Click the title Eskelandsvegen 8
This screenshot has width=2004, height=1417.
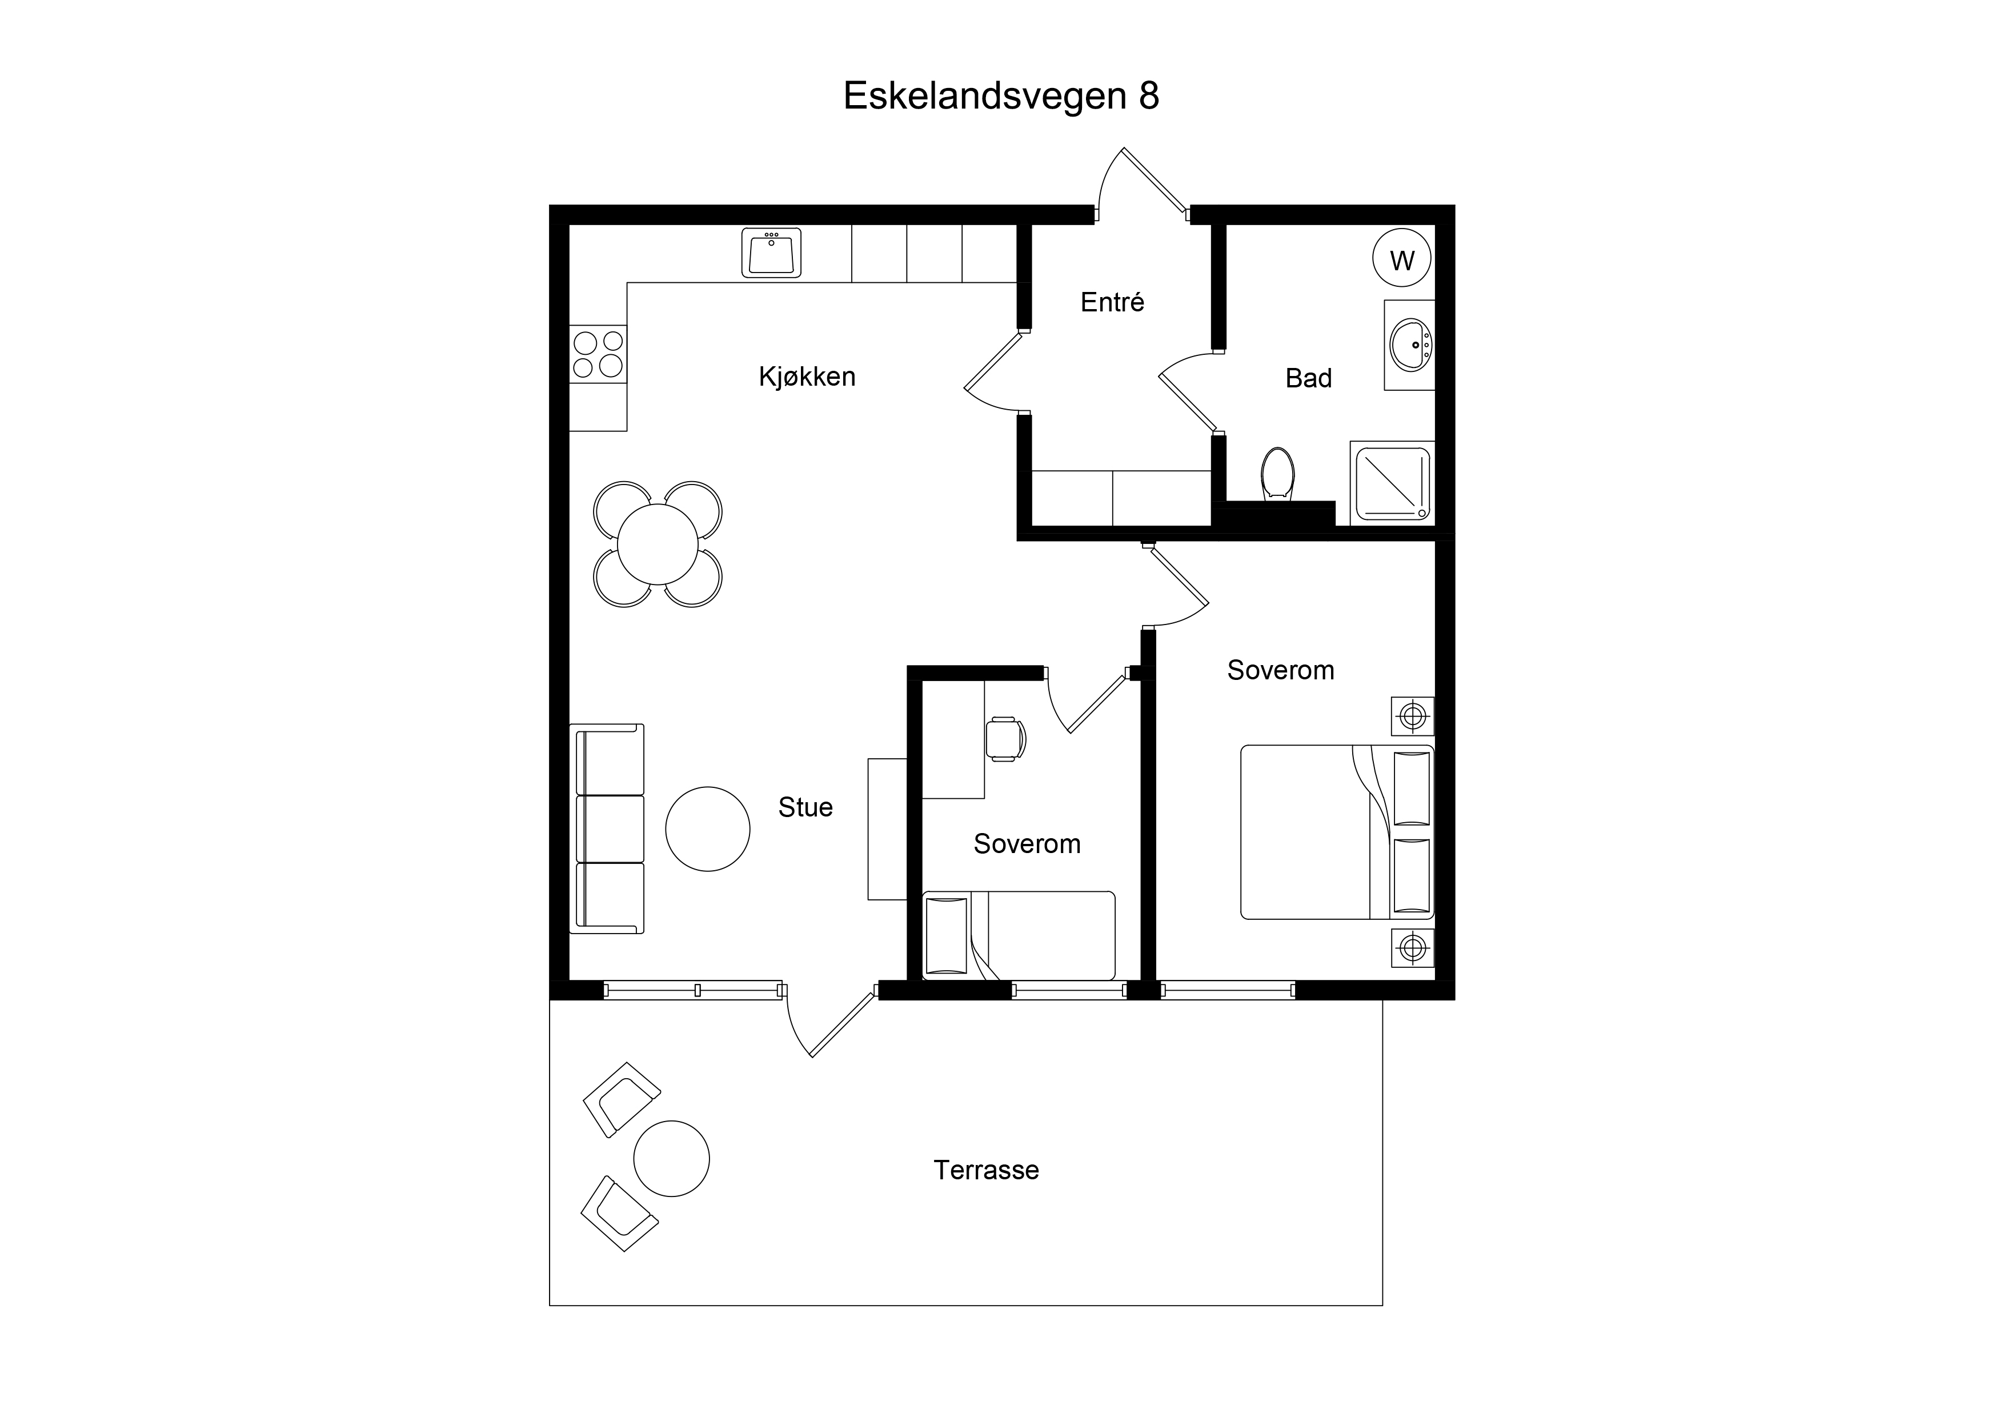[1001, 96]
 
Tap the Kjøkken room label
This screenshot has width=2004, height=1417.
[807, 377]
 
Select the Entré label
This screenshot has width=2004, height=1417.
[1112, 302]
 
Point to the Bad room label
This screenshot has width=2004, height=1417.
[1308, 378]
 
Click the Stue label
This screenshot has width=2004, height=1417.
[805, 807]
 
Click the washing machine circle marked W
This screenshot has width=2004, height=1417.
[1402, 259]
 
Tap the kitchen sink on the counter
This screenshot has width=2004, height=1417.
[772, 253]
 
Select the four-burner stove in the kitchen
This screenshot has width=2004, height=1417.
[598, 354]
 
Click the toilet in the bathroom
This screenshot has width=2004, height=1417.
[1278, 474]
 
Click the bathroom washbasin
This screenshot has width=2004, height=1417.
[1409, 345]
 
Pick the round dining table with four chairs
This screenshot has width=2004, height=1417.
[658, 545]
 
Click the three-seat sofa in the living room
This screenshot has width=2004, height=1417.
[607, 828]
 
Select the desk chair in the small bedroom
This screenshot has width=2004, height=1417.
[1005, 739]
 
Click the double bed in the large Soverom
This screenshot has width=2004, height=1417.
[1337, 832]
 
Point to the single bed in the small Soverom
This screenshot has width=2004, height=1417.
[1019, 935]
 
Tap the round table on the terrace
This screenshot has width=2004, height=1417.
[671, 1159]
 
